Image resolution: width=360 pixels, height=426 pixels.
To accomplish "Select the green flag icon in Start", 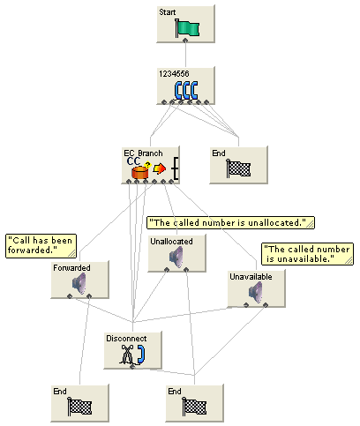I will pyautogui.click(x=185, y=29).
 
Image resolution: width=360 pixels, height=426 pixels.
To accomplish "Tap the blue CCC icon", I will pyautogui.click(x=185, y=90).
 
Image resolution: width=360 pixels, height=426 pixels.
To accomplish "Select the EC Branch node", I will pyautogui.click(x=150, y=166).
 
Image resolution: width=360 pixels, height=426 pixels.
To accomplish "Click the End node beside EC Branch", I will pyautogui.click(x=237, y=165).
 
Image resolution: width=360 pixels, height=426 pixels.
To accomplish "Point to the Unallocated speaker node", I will pyautogui.click(x=176, y=253).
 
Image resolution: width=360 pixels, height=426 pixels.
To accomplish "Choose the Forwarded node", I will pyautogui.click(x=79, y=280).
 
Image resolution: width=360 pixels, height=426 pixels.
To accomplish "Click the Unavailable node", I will pyautogui.click(x=256, y=288).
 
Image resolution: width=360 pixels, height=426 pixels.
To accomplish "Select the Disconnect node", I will pyautogui.click(x=132, y=349).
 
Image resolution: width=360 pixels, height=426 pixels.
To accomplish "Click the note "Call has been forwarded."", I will pyautogui.click(x=41, y=243).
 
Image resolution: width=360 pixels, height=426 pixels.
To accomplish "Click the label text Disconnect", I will pyautogui.click(x=121, y=338).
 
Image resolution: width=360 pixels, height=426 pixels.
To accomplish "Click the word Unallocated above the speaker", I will pyautogui.click(x=170, y=241).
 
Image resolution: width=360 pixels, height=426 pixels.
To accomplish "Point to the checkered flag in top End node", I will pyautogui.click(x=239, y=169).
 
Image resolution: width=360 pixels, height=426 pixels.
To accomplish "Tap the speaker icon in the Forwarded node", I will pyautogui.click(x=79, y=284).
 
